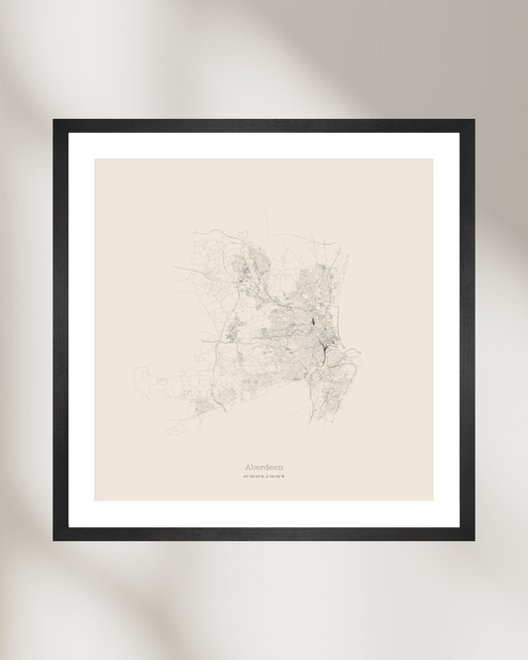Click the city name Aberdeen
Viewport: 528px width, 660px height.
[264, 467]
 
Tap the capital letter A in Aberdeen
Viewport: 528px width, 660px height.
[248, 467]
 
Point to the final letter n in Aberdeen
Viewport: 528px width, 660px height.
[279, 467]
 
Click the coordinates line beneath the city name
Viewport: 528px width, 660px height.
[264, 480]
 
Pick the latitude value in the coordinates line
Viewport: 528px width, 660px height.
[253, 480]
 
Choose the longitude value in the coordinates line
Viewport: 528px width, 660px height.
[274, 480]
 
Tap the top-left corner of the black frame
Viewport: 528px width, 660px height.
[54, 121]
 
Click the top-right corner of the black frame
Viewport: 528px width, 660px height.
[474, 121]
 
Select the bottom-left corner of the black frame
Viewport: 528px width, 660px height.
[54, 539]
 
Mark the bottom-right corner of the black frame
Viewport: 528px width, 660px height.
[474, 539]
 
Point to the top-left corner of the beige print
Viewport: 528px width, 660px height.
[96, 160]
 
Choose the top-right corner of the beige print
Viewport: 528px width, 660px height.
[433, 160]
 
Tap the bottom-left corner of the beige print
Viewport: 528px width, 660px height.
[96, 499]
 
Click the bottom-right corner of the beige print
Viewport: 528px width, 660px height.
[433, 499]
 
